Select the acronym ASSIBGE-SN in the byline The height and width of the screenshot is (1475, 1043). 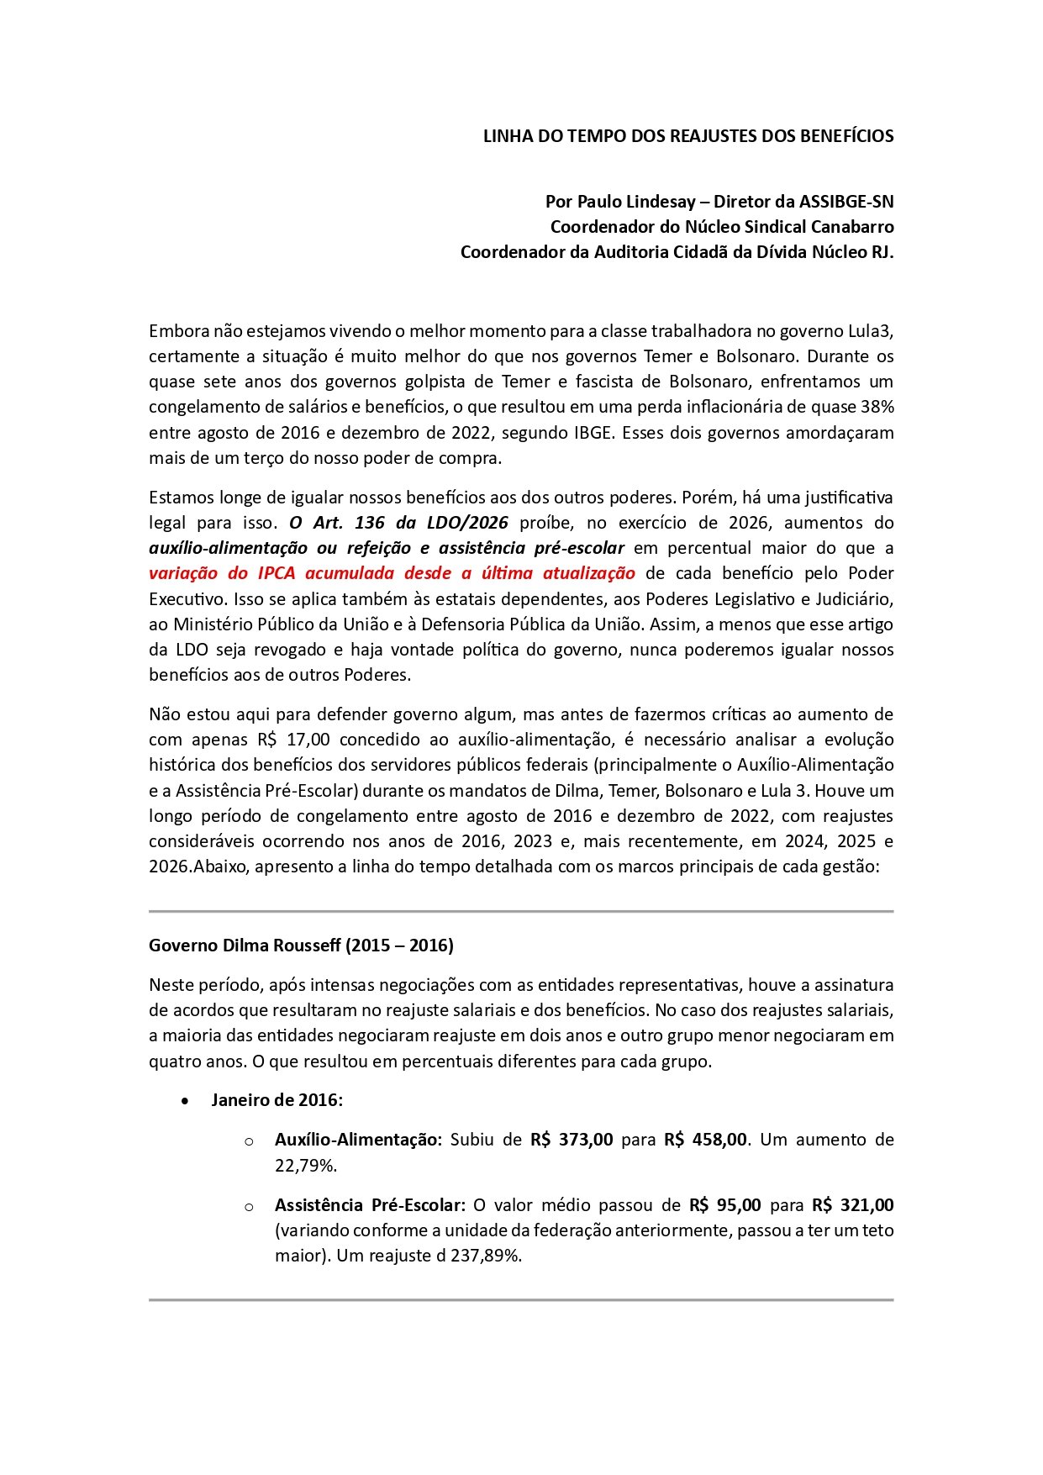pos(846,202)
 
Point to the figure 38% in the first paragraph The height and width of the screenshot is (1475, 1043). pos(877,407)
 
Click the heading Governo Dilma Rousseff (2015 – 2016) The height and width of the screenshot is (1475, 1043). pos(301,946)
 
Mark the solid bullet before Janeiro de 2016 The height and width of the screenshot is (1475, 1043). pos(186,1101)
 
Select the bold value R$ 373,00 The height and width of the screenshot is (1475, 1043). pos(572,1140)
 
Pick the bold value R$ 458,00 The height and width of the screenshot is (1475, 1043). pos(705,1140)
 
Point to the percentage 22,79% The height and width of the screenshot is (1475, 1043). pos(306,1166)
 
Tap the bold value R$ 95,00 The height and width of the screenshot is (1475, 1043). pos(724,1205)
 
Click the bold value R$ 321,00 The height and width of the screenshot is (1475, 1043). pos(852,1205)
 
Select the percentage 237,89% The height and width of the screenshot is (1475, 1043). pos(487,1256)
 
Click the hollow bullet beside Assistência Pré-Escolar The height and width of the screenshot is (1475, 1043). pos(249,1207)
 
